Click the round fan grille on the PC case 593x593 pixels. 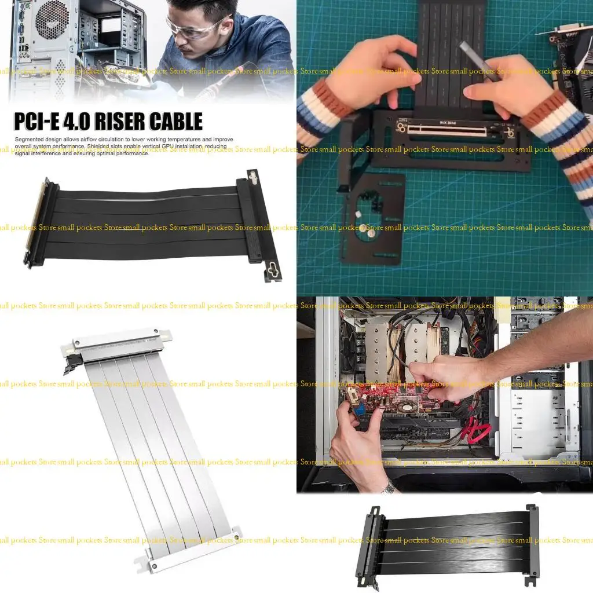(52, 20)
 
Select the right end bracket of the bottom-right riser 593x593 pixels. (531, 544)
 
